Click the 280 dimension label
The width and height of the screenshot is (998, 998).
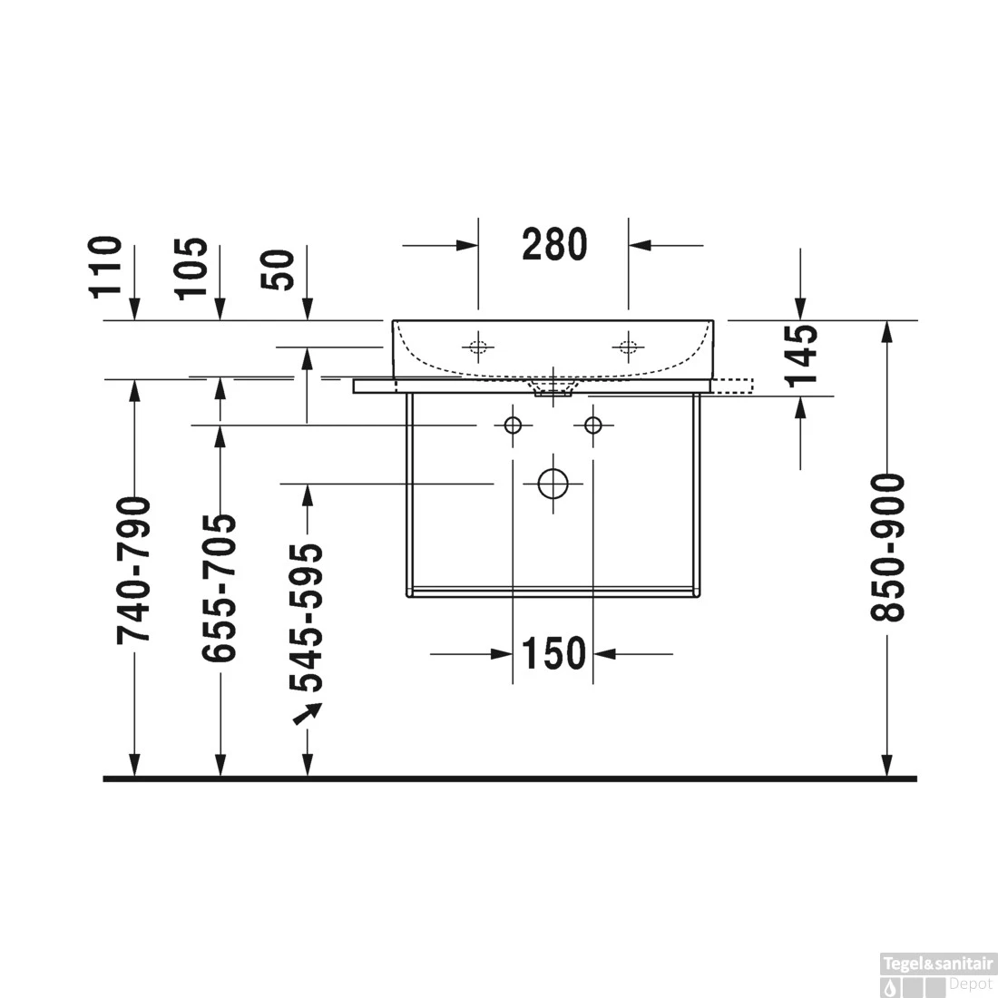click(554, 245)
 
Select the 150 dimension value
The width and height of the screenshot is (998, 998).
click(553, 653)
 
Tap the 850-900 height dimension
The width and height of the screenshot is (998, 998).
click(886, 547)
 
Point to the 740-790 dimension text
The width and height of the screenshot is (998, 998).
click(133, 571)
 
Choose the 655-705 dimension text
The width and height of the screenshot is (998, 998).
click(220, 587)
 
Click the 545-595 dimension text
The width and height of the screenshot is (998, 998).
click(306, 617)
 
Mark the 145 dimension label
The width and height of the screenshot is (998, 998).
click(801, 357)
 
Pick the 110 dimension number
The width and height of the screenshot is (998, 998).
click(105, 267)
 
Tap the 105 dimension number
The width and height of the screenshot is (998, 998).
click(191, 268)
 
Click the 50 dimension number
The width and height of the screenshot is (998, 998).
click(279, 269)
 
